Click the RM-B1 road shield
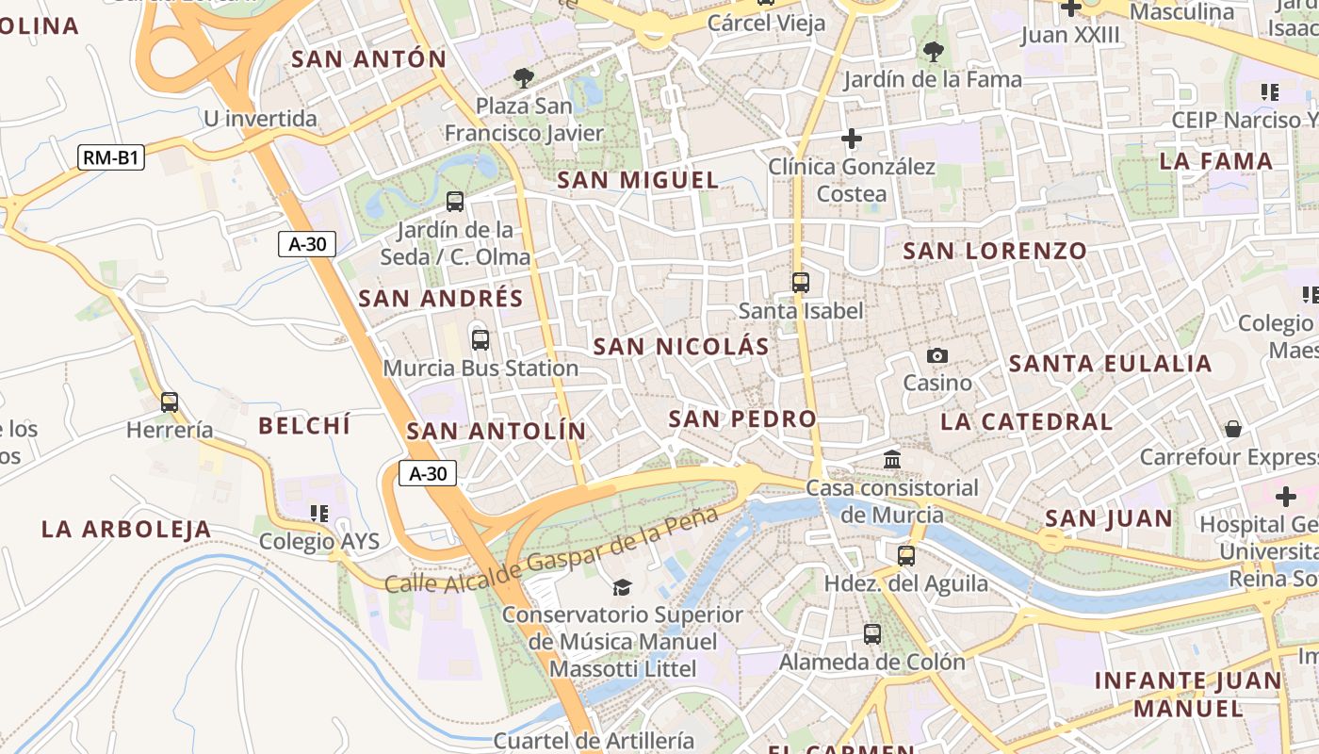[x=111, y=157]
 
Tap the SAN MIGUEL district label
[x=638, y=180]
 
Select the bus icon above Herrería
[x=170, y=402]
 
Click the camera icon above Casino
[x=937, y=355]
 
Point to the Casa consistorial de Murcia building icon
[x=892, y=460]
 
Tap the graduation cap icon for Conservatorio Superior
[x=622, y=587]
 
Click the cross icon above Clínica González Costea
[x=852, y=139]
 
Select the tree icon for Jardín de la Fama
[x=933, y=52]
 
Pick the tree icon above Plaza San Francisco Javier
[x=523, y=78]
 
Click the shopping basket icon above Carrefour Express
[x=1233, y=429]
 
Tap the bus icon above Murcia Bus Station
[x=480, y=340]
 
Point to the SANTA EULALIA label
[x=1110, y=364]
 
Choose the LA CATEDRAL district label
[x=1027, y=421]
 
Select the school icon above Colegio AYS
[x=319, y=514]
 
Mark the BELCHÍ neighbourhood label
[x=304, y=425]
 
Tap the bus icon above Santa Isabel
[x=801, y=282]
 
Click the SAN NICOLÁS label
[x=681, y=347]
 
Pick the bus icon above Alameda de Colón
[x=872, y=634]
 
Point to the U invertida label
[x=260, y=119]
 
